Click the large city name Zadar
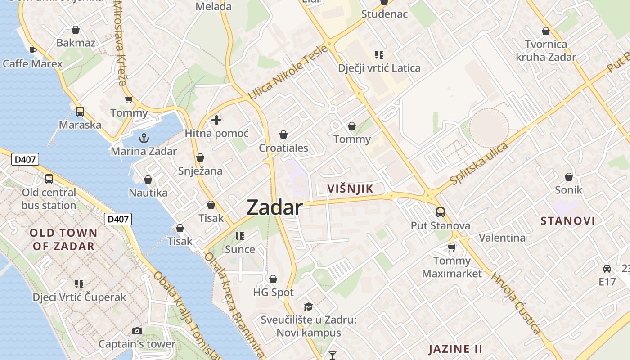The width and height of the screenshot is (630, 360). pos(274,207)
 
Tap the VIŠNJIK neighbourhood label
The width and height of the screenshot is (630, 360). pos(351,189)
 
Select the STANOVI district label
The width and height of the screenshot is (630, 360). pos(568,221)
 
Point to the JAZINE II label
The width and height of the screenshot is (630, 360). pos(455,349)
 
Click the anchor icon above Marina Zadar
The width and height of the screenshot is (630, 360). pos(144,138)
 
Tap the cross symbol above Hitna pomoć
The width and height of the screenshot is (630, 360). pos(216,120)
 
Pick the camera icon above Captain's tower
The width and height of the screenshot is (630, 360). pos(137,331)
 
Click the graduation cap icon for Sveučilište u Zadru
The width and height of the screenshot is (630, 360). pos(308,306)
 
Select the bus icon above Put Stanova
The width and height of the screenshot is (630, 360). pos(441,212)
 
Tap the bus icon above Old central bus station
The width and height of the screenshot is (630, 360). pos(49,179)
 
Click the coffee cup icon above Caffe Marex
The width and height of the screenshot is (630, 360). pos(32,50)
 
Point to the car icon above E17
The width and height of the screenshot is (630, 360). pos(607,269)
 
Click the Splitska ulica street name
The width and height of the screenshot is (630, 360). pos(479,163)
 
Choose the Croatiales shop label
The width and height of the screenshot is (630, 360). pos(283,148)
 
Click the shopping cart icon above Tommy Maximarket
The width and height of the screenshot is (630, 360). pos(452,247)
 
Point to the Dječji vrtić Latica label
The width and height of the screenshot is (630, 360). pos(379,68)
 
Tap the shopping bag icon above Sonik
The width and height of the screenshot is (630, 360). pos(569,177)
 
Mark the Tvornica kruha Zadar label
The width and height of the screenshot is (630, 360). pos(546,50)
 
